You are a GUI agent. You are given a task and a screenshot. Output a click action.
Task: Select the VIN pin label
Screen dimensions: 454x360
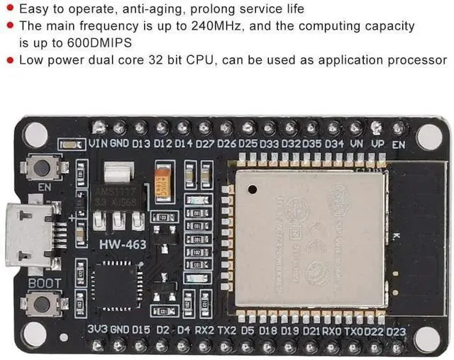(x=99, y=144)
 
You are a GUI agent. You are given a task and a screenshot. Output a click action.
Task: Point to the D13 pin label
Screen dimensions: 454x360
(x=141, y=144)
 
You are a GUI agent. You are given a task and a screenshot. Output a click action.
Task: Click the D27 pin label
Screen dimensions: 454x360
(x=205, y=144)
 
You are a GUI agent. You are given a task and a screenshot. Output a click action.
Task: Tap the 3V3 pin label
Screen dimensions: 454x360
(x=98, y=330)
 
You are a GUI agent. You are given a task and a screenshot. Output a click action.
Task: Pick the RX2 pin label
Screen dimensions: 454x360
(x=204, y=330)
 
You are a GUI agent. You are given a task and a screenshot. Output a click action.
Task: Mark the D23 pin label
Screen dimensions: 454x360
(x=396, y=330)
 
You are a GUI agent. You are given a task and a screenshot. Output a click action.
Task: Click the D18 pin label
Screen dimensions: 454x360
(x=268, y=330)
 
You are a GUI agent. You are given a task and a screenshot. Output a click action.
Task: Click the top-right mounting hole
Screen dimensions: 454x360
(x=428, y=136)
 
